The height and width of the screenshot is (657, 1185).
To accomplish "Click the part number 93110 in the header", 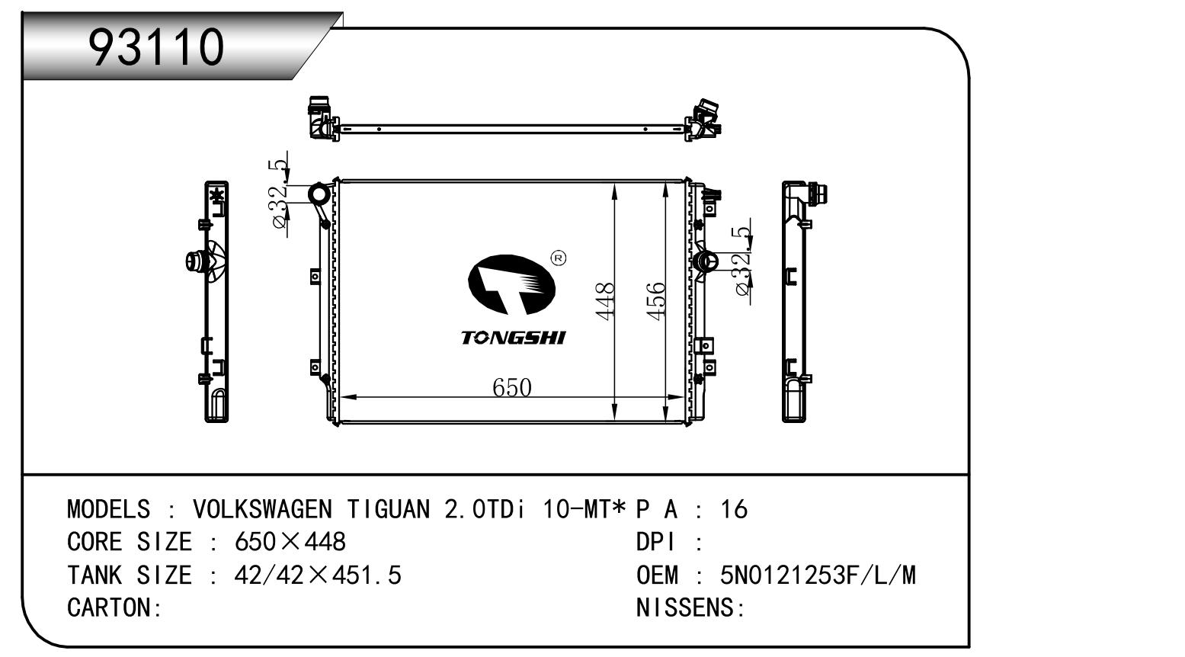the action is [x=156, y=47].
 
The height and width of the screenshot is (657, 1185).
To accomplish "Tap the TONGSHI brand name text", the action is [x=513, y=338].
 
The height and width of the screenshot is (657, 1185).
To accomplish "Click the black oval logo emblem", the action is [x=511, y=284].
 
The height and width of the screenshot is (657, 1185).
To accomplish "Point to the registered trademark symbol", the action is [x=559, y=258].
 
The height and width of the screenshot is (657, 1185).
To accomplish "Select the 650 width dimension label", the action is [x=511, y=388].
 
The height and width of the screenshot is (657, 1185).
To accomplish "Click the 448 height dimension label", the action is [x=604, y=301].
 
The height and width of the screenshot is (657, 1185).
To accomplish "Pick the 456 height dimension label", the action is [x=656, y=301].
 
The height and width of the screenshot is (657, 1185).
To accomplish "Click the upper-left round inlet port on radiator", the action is [x=319, y=194].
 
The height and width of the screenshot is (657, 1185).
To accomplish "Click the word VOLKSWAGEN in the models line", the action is [x=262, y=509].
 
